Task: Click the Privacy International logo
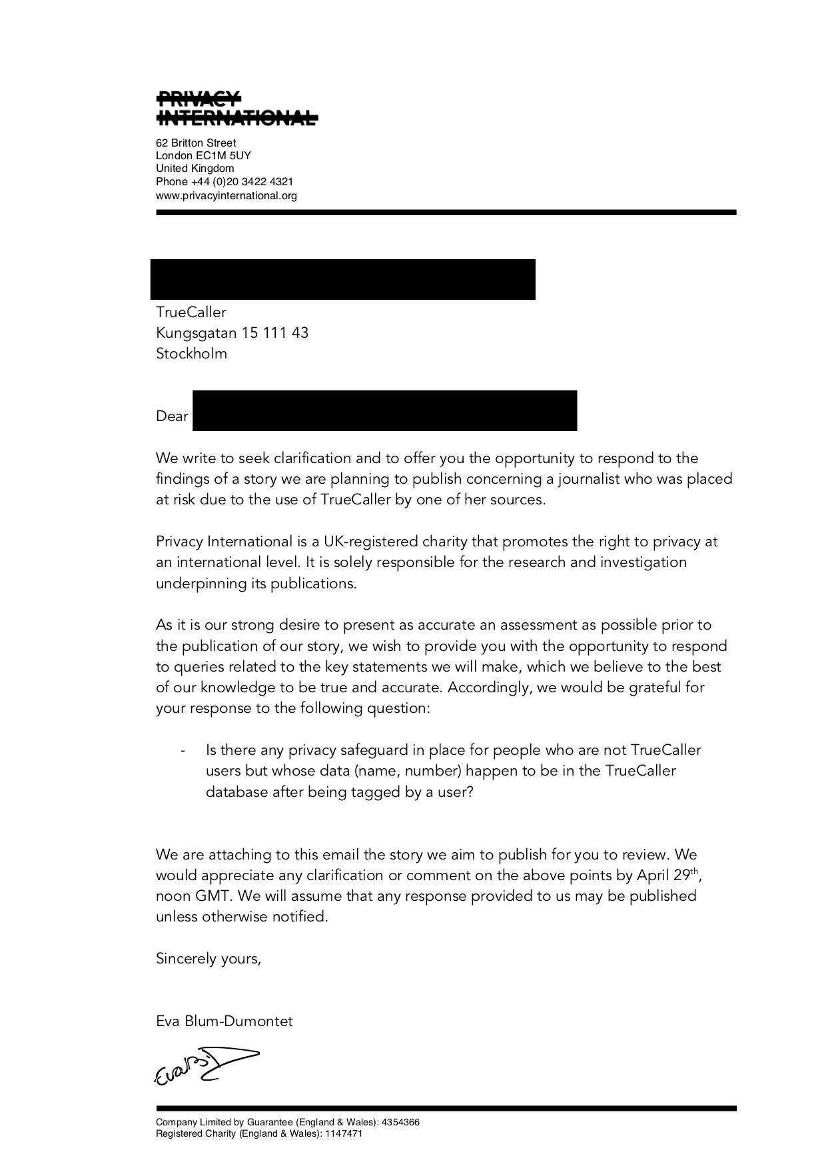pyautogui.click(x=236, y=109)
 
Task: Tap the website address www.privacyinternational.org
pyautogui.click(x=226, y=196)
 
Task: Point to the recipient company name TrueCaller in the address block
pyautogui.click(x=191, y=312)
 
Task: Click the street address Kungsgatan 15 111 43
pyautogui.click(x=232, y=333)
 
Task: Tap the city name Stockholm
pyautogui.click(x=191, y=354)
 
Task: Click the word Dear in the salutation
pyautogui.click(x=172, y=416)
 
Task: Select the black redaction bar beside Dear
pyautogui.click(x=384, y=410)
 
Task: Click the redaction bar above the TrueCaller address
pyautogui.click(x=342, y=279)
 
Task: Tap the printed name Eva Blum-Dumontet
pyautogui.click(x=224, y=1021)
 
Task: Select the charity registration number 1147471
pyautogui.click(x=343, y=1133)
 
